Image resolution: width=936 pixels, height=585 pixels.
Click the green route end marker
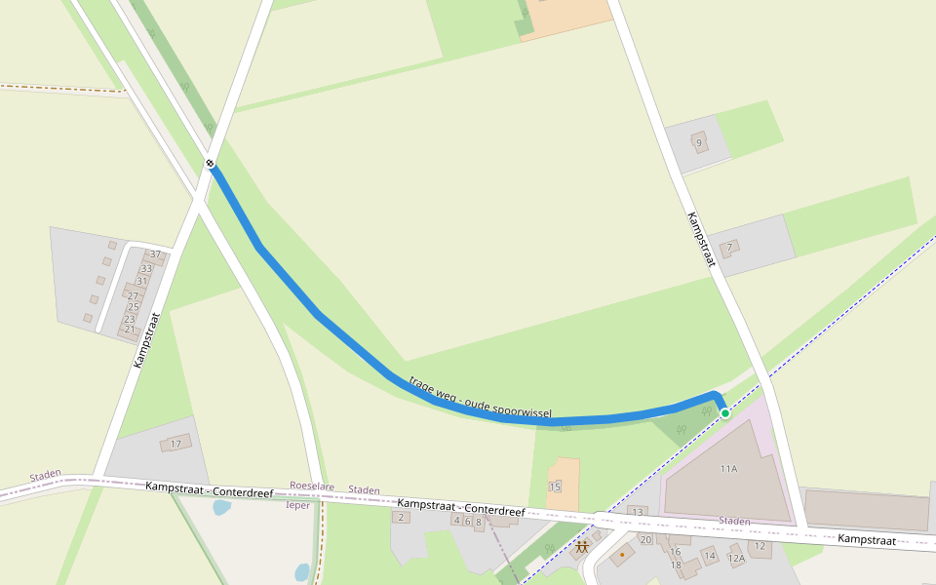[x=725, y=413]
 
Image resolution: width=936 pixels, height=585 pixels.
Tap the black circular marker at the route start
[x=210, y=163]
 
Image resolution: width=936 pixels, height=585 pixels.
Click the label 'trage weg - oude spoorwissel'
[x=481, y=399]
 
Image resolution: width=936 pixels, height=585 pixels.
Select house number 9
[x=698, y=143]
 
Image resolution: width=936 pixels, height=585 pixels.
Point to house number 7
[x=728, y=248]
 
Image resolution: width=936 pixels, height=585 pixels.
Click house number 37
[x=155, y=254]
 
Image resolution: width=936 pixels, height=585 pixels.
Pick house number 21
[x=130, y=330]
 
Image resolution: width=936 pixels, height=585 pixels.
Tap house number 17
[x=176, y=445]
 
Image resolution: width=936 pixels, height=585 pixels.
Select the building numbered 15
[x=555, y=487]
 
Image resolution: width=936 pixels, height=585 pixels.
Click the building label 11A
[x=728, y=469]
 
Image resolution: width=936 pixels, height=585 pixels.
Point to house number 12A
[x=736, y=558]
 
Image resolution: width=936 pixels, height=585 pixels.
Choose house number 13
[x=638, y=512]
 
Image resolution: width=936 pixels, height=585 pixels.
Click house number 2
[x=401, y=517]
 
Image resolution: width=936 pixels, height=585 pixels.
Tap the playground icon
[x=582, y=547]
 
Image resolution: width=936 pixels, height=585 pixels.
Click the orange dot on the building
[x=622, y=556]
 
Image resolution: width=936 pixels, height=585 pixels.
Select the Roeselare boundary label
[x=312, y=486]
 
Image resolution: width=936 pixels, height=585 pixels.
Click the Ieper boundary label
[x=297, y=505]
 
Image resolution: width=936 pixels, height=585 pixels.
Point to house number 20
[x=644, y=539]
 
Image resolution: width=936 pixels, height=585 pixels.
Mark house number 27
[x=134, y=295]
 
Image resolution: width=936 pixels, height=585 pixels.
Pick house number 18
[x=676, y=565]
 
